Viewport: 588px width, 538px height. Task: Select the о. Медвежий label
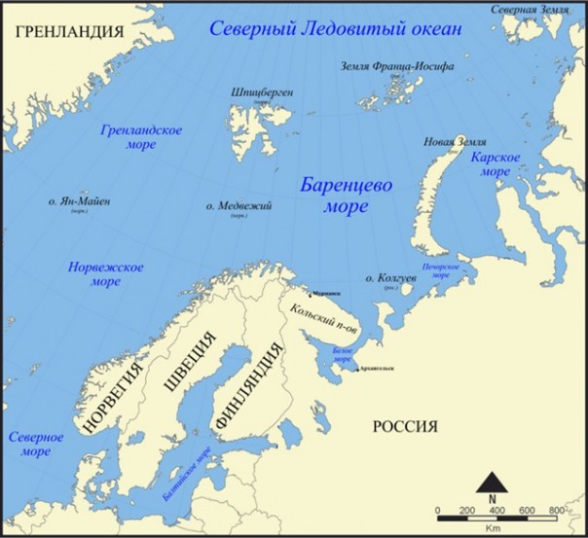click(x=239, y=206)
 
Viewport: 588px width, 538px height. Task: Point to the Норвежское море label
click(x=106, y=273)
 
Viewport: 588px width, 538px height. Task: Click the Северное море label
click(x=36, y=445)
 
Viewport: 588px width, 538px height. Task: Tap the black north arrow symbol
click(x=495, y=482)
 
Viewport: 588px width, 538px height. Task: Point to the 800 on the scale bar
click(x=557, y=511)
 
